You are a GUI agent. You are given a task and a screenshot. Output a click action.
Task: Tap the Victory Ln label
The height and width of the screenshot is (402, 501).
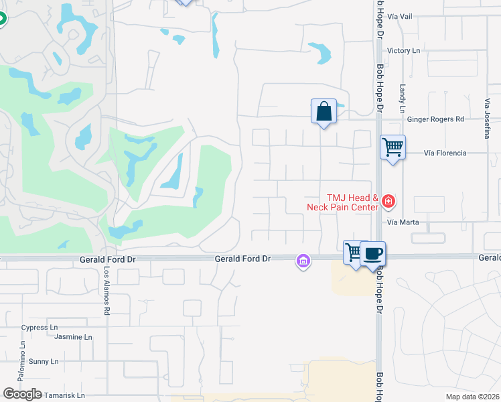click(404, 51)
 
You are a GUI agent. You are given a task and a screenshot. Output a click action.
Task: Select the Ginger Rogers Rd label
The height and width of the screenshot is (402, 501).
click(435, 119)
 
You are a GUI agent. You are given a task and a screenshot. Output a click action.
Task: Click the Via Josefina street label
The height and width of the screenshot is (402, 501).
click(487, 119)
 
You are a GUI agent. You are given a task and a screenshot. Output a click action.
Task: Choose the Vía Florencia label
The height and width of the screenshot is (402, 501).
click(445, 153)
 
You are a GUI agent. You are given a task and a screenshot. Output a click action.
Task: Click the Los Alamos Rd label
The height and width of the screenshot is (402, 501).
click(106, 291)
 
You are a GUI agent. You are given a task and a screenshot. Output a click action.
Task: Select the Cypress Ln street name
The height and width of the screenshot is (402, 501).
click(40, 328)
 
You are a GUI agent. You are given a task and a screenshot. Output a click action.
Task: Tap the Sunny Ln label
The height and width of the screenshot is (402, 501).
click(39, 361)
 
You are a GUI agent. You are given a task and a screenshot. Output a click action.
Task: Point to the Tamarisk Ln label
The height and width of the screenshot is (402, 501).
click(65, 395)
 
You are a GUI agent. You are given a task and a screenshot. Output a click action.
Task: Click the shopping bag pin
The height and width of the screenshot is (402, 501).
click(324, 111)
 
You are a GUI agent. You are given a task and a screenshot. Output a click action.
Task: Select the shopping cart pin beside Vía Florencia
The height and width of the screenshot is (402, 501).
click(392, 145)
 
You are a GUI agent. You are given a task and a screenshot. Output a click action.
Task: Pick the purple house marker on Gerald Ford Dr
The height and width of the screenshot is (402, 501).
click(303, 261)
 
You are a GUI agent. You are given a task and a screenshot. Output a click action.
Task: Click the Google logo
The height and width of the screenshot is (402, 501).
click(22, 394)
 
